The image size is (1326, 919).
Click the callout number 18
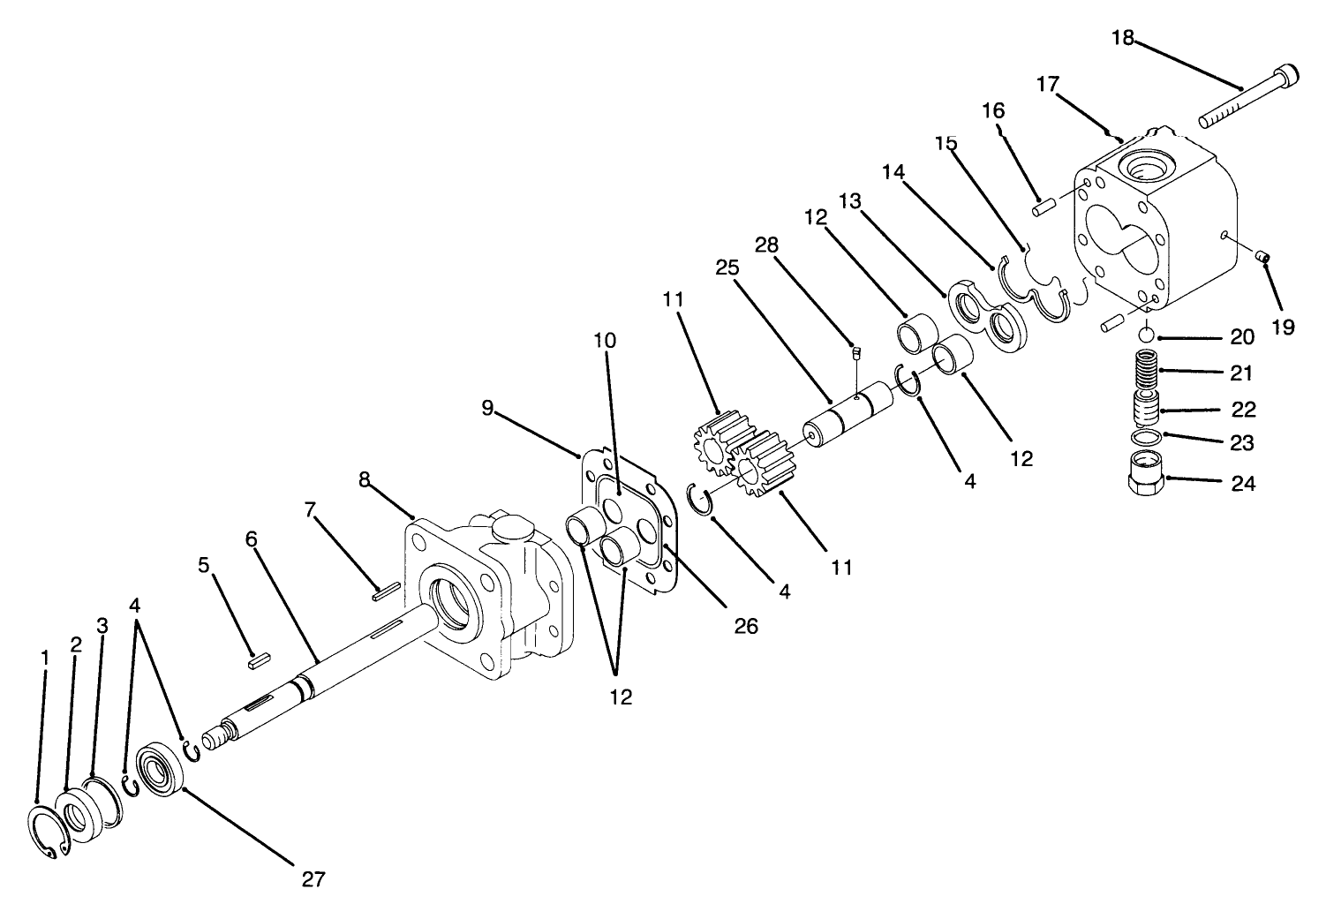pos(1122,38)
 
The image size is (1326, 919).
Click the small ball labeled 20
pos(1145,335)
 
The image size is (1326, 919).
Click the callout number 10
pos(605,340)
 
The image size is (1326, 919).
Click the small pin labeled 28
pos(855,355)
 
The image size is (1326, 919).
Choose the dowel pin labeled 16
pos(1046,207)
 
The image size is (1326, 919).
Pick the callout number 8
pos(365,479)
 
